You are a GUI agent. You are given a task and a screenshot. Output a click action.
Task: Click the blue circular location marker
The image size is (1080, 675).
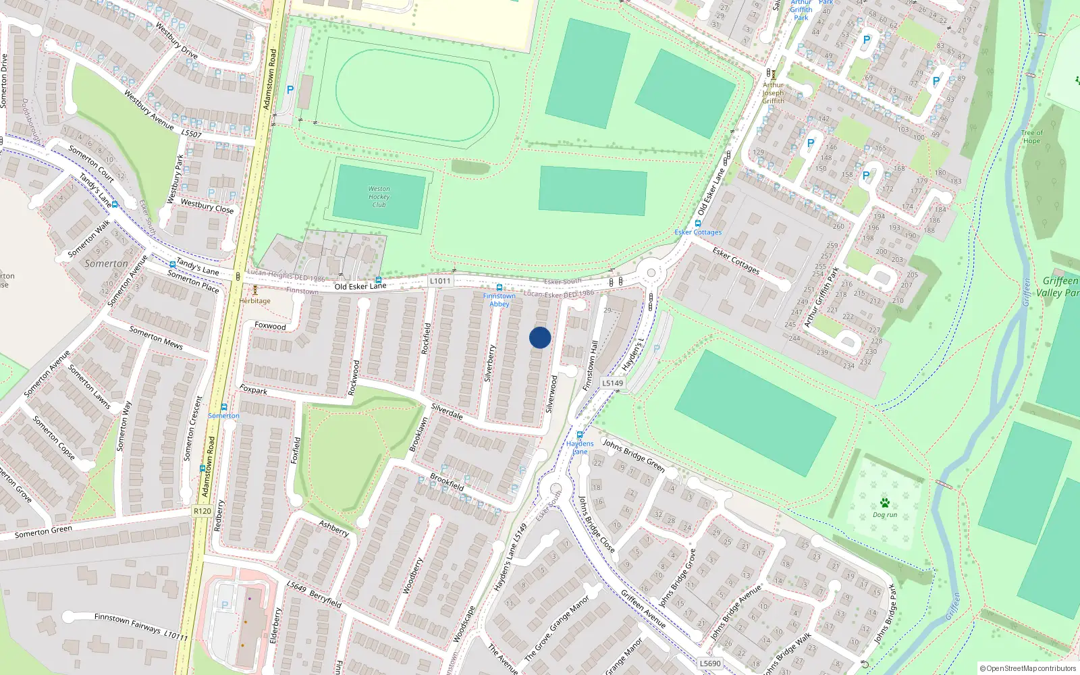click(540, 337)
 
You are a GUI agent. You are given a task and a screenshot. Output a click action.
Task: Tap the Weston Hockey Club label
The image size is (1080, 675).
click(379, 197)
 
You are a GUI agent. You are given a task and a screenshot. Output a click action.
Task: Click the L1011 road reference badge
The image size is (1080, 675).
click(440, 281)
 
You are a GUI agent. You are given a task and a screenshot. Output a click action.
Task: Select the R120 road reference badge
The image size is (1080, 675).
click(202, 511)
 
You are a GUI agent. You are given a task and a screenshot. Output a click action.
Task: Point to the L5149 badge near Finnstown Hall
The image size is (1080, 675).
click(612, 383)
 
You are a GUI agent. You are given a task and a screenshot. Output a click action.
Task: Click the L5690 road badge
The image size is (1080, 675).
click(710, 664)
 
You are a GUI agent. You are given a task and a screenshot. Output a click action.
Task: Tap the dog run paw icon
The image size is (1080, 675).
click(884, 503)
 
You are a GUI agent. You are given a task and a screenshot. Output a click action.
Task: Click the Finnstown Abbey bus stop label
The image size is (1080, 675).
click(499, 300)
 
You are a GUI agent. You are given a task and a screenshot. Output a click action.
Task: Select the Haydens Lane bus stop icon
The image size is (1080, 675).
click(579, 435)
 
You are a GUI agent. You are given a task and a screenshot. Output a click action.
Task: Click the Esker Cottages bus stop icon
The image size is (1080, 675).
click(697, 223)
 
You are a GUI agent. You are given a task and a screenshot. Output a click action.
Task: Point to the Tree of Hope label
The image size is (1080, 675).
click(1031, 136)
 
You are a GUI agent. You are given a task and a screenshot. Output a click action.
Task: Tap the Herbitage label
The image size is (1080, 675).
click(254, 301)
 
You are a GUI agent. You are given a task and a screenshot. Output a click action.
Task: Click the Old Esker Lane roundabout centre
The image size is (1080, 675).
click(651, 273)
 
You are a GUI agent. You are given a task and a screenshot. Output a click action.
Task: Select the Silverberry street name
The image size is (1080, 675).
click(490, 363)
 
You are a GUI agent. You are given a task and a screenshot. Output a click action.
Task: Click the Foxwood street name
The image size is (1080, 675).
click(270, 326)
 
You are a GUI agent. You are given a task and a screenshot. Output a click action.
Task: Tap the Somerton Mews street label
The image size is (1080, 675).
click(156, 337)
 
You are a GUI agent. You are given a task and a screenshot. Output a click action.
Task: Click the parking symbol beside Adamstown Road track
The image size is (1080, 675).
click(290, 90)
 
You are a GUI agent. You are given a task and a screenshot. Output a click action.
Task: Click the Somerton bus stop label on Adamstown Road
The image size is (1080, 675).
click(223, 416)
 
